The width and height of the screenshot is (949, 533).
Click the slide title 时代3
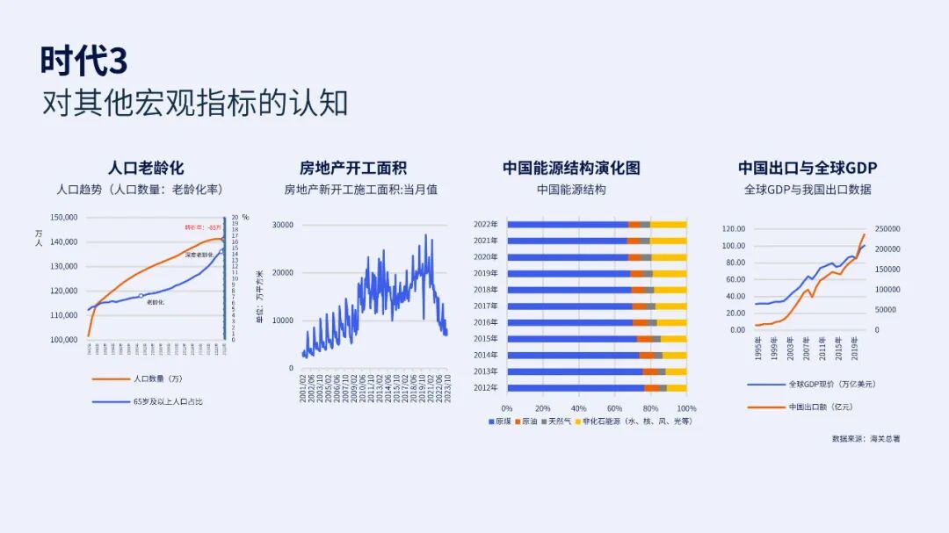tap(83, 61)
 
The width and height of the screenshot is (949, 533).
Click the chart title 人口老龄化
tap(146, 168)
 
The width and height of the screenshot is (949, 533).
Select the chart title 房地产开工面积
tap(353, 168)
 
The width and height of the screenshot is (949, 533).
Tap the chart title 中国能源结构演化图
tap(571, 168)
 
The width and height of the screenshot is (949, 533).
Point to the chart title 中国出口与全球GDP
tap(807, 168)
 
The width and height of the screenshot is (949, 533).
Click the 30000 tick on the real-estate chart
tap(282, 225)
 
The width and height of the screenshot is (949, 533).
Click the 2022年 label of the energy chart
tap(486, 225)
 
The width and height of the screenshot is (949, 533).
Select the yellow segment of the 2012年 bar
tap(677, 387)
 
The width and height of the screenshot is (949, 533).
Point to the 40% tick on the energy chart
tap(579, 408)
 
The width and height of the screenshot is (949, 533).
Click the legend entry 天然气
tap(559, 421)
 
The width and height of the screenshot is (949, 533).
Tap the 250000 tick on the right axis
tap(887, 228)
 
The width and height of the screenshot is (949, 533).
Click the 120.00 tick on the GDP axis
tap(733, 228)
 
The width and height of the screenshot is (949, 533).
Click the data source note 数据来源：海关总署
tap(866, 438)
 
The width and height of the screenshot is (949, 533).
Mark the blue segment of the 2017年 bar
tap(569, 306)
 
